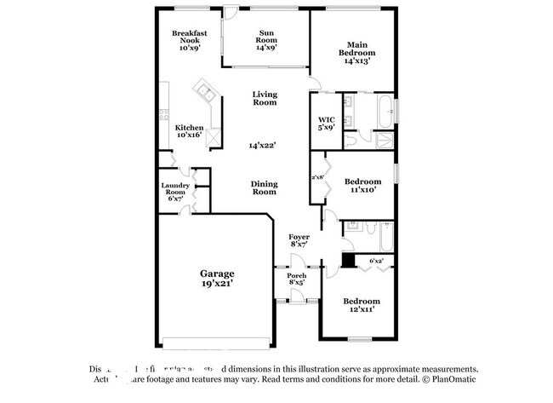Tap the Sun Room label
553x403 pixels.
tap(267, 41)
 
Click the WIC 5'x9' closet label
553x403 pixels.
tap(326, 123)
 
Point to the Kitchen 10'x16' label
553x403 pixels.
tap(189, 131)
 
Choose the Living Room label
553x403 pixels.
tap(265, 98)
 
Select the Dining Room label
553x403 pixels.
tap(264, 187)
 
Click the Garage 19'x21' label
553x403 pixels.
tap(217, 278)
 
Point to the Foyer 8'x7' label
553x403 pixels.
tap(299, 240)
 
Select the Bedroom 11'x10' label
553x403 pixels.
tap(362, 186)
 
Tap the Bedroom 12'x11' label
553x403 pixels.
tap(361, 306)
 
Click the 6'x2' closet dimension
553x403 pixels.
tap(376, 260)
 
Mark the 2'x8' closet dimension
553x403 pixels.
tap(318, 177)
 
